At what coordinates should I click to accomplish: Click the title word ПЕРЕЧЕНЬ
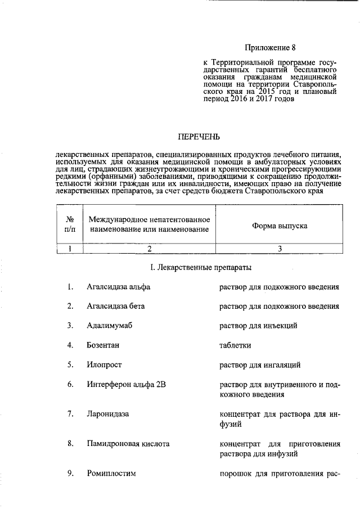click(199, 137)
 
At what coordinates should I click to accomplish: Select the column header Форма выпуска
click(278, 224)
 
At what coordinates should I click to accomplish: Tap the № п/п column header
click(70, 224)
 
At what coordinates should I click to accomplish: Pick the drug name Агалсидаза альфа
click(119, 287)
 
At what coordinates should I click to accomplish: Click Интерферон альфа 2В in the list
click(126, 384)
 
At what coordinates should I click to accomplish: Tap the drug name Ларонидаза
click(108, 414)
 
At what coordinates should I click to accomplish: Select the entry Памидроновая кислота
click(128, 443)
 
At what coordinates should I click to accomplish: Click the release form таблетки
click(235, 345)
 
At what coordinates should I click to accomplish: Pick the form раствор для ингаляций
click(259, 364)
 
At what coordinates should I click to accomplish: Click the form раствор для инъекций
click(258, 326)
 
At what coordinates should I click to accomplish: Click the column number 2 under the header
click(149, 249)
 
